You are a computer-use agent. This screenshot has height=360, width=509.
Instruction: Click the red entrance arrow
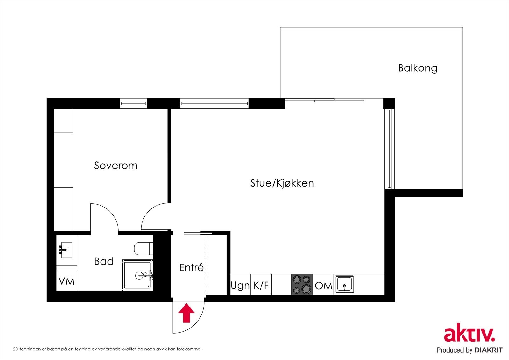coord(186,313)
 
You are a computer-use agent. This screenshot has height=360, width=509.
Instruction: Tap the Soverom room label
coord(116,166)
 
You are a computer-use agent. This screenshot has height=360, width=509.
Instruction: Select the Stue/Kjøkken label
coord(282,183)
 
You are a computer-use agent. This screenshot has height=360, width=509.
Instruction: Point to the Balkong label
coord(418,68)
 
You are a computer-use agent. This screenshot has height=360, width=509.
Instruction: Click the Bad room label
coord(104,261)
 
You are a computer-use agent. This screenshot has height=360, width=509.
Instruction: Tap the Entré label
coord(191,267)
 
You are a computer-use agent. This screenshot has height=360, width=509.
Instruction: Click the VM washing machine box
coord(67,281)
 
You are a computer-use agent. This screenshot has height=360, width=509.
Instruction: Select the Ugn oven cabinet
coord(240,285)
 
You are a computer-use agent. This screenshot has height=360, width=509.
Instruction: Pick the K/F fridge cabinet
coord(261,285)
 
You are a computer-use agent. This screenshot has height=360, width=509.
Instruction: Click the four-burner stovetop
coord(302,284)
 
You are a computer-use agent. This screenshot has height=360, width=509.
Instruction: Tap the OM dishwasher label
coord(323,286)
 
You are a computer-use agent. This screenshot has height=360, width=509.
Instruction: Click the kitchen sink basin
coord(344,284)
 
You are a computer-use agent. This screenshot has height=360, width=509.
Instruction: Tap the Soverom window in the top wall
coord(133,103)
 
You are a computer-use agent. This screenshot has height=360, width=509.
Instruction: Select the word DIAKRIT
coord(489,350)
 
